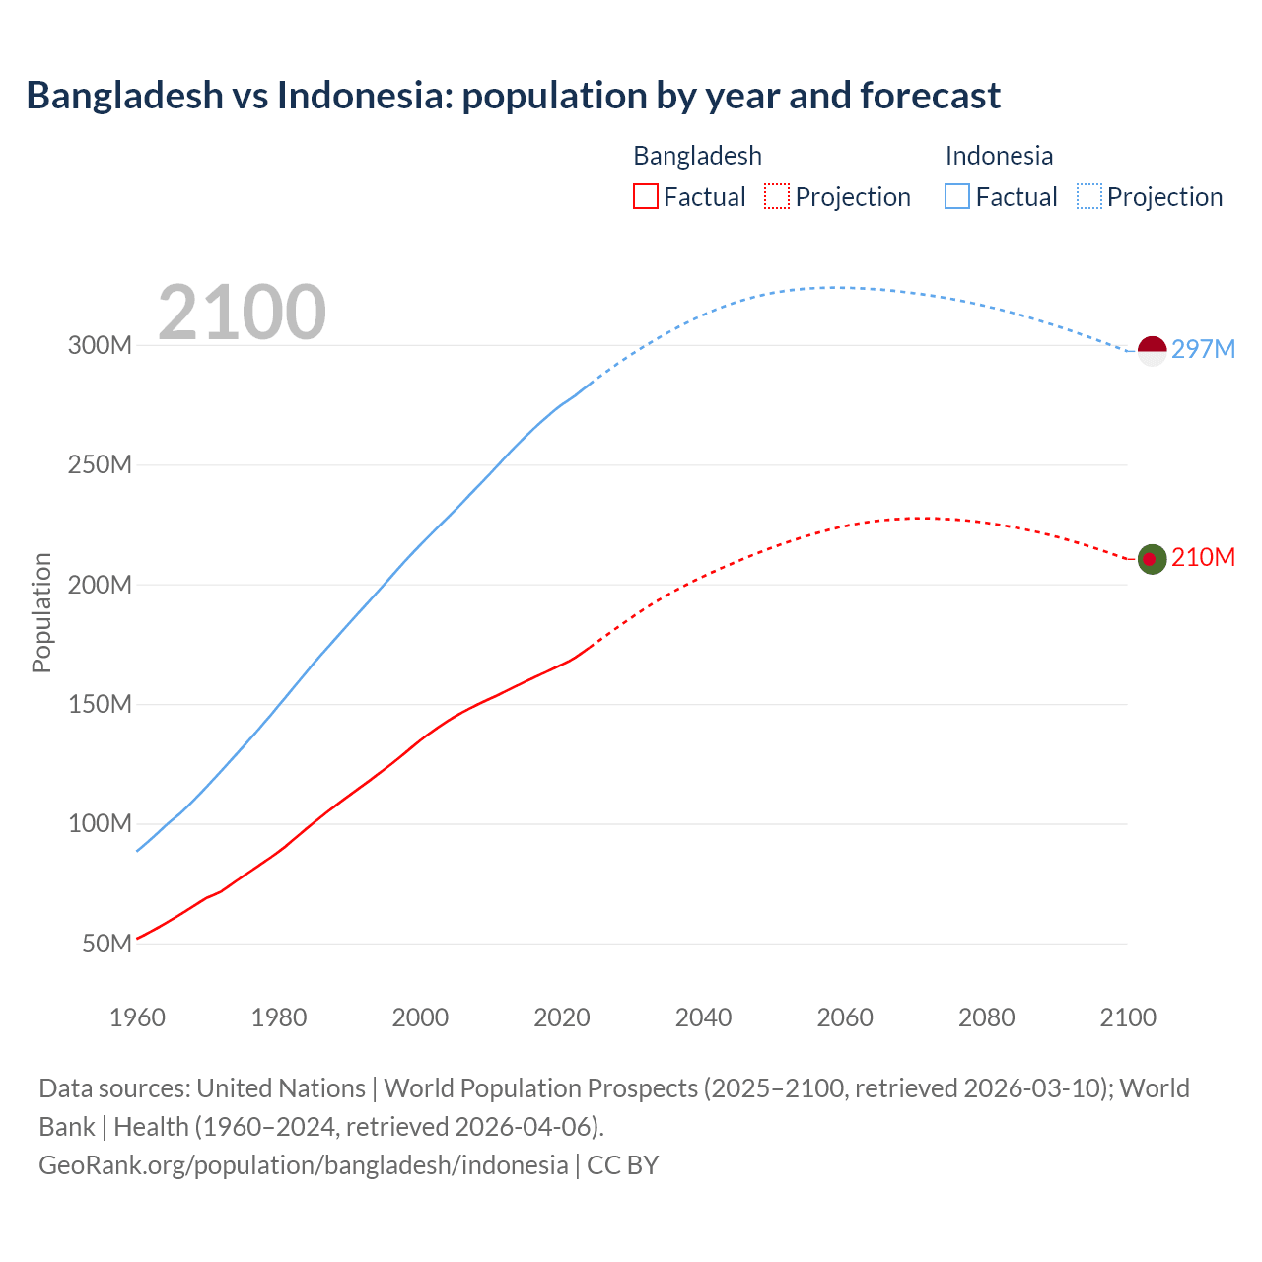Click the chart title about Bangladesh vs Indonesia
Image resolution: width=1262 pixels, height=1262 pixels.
tap(513, 96)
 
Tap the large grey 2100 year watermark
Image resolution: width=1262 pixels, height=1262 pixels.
tap(242, 313)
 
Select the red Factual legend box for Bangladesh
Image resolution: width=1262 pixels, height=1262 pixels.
tap(645, 196)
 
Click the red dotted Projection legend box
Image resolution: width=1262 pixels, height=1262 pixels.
tap(777, 196)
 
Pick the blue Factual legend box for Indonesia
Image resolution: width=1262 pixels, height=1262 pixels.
tap(956, 196)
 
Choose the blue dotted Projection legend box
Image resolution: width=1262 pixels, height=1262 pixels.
tap(1088, 196)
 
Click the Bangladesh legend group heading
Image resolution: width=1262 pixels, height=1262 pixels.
tap(697, 156)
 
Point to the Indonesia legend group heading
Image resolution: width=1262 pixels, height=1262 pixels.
tap(999, 156)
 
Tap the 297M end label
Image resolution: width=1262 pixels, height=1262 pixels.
tap(1203, 349)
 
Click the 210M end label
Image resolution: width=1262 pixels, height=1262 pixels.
tap(1203, 558)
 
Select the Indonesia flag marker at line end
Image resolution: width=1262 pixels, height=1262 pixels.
tap(1152, 351)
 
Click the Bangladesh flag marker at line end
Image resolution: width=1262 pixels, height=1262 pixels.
tap(1152, 559)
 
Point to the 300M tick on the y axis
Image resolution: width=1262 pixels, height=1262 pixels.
tap(100, 346)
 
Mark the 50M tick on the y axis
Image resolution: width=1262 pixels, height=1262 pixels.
tap(106, 944)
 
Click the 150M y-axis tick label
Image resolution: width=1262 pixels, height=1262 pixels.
tap(100, 704)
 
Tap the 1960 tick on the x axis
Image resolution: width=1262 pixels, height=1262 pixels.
tap(137, 1017)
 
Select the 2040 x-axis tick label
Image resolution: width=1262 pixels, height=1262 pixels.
tap(703, 1017)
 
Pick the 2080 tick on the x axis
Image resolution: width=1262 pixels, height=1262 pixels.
tap(986, 1017)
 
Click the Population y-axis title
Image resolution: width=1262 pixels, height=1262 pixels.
tap(41, 612)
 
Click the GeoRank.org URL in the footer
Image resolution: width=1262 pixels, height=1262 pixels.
tap(304, 1165)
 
